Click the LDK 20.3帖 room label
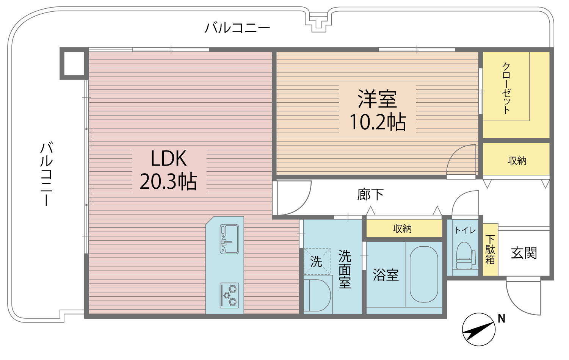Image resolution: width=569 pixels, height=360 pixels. (169, 170)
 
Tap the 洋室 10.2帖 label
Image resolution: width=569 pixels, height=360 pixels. (378, 110)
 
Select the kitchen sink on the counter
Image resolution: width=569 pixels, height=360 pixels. (229, 239)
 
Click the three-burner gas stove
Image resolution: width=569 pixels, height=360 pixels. (229, 295)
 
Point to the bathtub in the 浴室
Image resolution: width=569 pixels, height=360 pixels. (424, 274)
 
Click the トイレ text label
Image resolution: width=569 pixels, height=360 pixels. (465, 230)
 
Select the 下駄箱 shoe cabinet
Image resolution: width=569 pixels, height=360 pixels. (490, 250)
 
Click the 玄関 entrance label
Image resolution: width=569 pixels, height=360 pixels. (524, 253)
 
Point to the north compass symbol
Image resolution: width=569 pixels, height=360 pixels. (478, 329)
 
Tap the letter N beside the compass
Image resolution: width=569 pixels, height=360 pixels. (502, 319)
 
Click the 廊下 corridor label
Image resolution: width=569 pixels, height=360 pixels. (370, 194)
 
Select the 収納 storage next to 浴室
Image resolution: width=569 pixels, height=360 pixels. (403, 229)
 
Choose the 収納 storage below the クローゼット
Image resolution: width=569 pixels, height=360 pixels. (517, 160)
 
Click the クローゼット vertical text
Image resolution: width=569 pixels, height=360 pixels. (506, 88)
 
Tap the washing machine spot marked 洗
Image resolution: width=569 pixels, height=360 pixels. (317, 261)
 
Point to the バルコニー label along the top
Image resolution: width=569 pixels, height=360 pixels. (238, 28)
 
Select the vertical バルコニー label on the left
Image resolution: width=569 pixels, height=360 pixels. (46, 174)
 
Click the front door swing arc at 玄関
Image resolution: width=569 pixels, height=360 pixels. (521, 299)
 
